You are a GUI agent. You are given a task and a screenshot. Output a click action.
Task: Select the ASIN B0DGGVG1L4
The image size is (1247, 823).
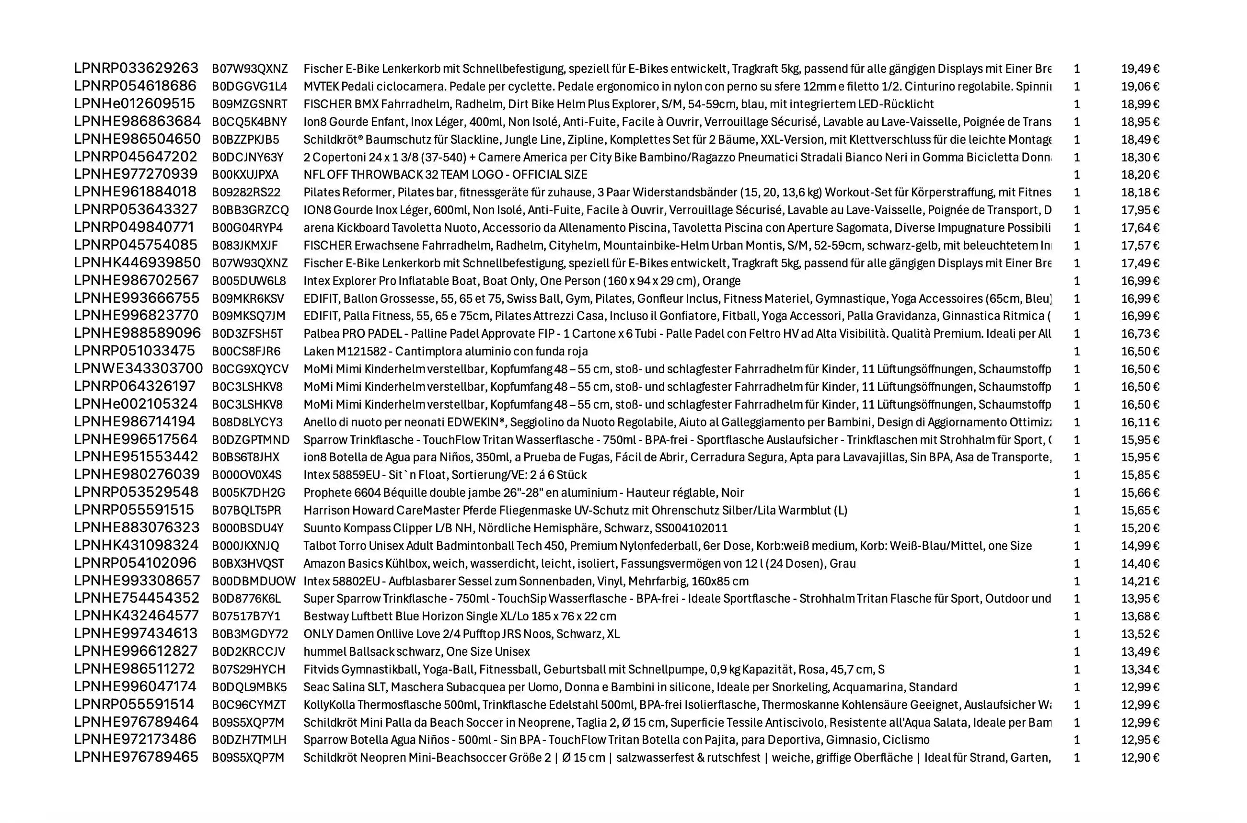pos(249,87)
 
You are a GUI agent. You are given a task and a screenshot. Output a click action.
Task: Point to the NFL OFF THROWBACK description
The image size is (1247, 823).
pos(445,175)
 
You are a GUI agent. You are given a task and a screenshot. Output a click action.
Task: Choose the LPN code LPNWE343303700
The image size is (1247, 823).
pos(138,369)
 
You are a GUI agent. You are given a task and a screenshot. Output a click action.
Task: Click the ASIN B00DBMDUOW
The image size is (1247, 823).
pos(254,582)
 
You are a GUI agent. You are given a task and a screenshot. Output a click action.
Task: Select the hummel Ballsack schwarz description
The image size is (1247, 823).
pos(416,652)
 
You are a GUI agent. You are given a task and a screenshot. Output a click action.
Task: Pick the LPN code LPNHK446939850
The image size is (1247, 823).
pos(137,263)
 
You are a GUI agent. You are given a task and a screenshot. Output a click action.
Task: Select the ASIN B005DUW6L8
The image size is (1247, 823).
pos(249,281)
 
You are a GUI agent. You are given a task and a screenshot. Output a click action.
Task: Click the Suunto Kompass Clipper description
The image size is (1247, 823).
pos(515,528)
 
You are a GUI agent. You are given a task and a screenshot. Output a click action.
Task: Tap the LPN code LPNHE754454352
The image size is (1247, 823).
pos(137,598)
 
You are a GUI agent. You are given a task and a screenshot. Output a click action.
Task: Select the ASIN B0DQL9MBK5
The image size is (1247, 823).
pos(249,687)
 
